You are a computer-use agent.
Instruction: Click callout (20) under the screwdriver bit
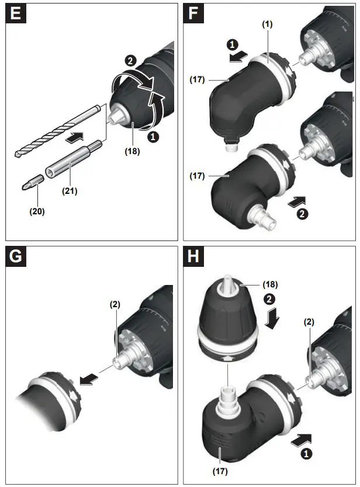(x=36, y=211)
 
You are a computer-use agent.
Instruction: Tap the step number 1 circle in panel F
(x=233, y=43)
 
